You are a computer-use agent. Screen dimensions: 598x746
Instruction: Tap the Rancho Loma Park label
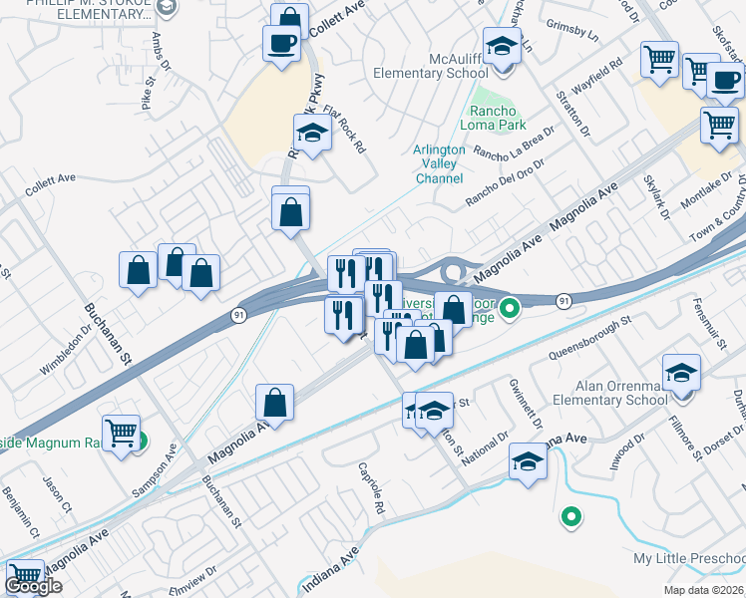[493, 119]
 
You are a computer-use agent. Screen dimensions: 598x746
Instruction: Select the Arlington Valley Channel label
[439, 164]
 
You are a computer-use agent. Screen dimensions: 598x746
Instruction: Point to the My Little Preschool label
[689, 557]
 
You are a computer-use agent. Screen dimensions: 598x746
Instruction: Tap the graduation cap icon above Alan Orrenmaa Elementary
[682, 374]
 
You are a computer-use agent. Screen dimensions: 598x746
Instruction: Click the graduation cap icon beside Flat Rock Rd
[312, 134]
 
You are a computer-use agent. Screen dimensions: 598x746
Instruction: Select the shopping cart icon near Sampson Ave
[122, 435]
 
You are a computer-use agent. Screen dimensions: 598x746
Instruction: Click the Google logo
[33, 587]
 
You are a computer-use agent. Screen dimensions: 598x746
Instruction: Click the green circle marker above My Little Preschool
[570, 516]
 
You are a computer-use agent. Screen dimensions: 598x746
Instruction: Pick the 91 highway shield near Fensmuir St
[564, 300]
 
